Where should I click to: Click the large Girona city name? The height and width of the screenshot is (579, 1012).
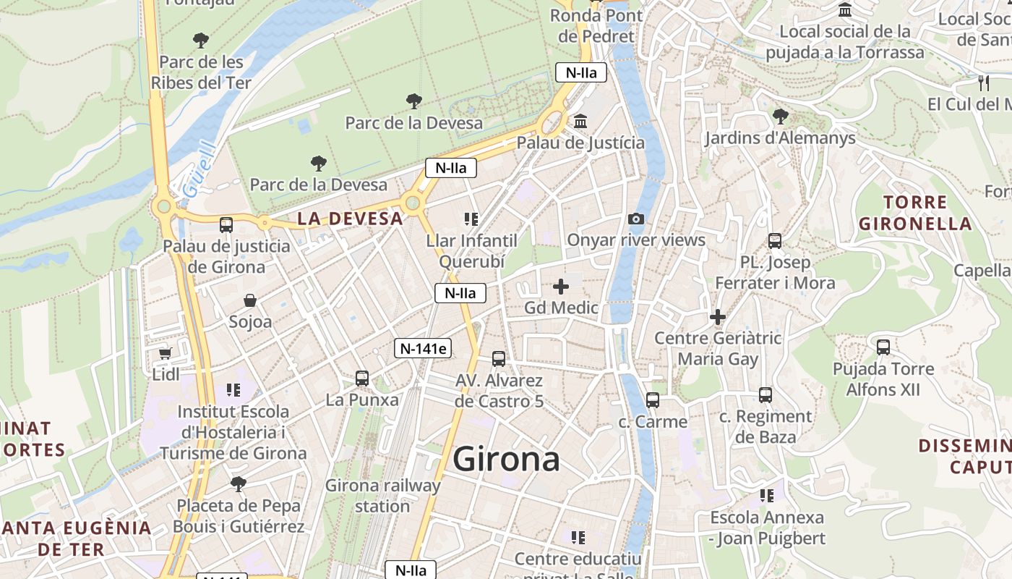(506, 460)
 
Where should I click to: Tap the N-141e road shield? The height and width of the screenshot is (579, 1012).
(423, 348)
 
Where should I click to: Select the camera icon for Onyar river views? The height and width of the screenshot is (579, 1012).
(635, 219)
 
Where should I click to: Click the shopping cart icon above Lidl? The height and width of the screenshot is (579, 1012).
(166, 353)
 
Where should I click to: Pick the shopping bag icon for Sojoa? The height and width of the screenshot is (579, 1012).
(250, 300)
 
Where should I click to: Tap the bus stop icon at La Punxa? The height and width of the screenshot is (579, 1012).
(362, 378)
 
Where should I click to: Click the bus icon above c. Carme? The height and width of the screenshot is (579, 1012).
(653, 400)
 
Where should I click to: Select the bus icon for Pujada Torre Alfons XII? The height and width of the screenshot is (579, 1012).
(883, 347)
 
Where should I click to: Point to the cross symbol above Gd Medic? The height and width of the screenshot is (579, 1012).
(561, 287)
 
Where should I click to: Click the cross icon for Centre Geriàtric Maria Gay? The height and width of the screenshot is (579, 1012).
(718, 317)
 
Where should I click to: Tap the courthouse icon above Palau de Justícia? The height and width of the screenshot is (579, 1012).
(580, 121)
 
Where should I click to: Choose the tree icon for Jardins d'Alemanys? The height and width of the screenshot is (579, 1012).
(780, 116)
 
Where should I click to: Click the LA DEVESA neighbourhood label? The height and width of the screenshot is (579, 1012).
(350, 219)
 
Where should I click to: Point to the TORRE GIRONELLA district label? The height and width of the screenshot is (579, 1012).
(915, 213)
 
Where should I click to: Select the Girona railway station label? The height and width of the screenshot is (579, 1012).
(382, 496)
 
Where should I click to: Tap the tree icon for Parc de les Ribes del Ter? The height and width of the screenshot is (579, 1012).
(201, 41)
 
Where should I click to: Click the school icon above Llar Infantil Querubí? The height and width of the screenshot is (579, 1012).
(471, 219)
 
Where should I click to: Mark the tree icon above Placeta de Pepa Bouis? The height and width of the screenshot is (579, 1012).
(238, 483)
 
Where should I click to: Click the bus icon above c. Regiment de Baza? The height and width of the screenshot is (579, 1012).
(766, 395)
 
